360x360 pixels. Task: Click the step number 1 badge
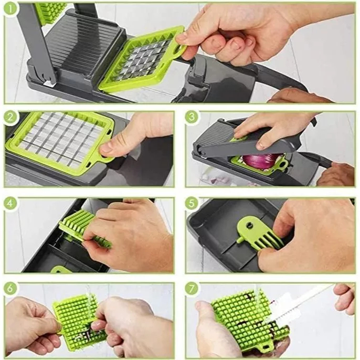[12, 9]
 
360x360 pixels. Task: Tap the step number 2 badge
[11, 118]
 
